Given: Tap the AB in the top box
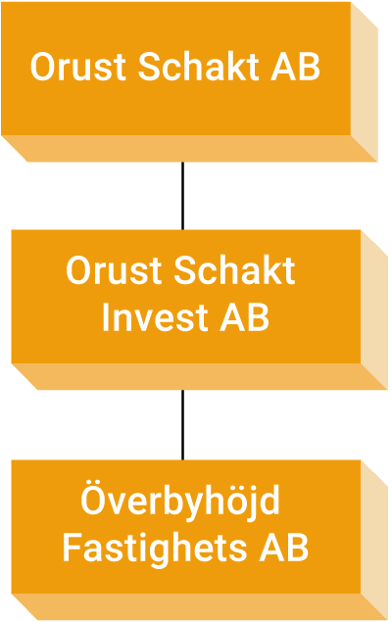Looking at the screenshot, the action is click(295, 67).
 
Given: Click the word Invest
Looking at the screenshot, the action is click(154, 317).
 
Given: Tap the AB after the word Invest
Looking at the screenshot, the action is click(244, 317).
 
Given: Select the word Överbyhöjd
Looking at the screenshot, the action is click(180, 499).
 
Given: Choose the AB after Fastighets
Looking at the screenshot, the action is click(283, 548).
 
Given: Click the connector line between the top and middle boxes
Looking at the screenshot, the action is click(182, 196).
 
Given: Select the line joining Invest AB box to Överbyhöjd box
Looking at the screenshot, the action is click(182, 425).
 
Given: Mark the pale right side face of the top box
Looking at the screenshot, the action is click(365, 82).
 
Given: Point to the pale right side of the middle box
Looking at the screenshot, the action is click(374, 310).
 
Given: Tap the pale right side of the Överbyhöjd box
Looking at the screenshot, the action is click(374, 540).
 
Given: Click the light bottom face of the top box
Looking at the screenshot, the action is click(189, 148).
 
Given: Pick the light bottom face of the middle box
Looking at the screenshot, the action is click(199, 376).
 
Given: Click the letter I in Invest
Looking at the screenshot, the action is click(106, 317).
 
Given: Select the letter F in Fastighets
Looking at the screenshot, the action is click(73, 548).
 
